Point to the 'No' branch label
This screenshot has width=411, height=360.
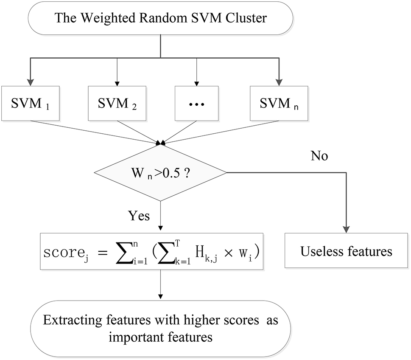click(x=319, y=156)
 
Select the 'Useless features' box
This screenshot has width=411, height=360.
click(x=347, y=251)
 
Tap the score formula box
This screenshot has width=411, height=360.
click(x=151, y=251)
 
